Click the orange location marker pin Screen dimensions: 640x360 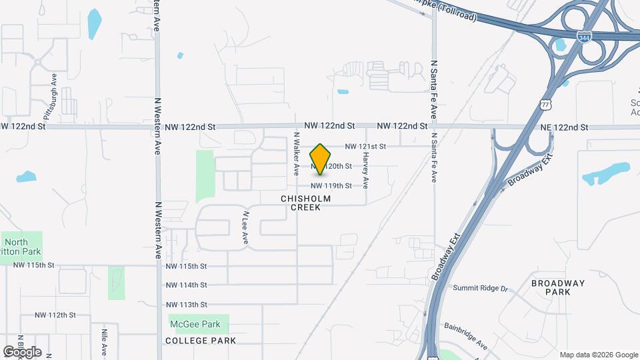click(321, 159)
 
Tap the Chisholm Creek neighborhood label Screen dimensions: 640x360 click(305, 203)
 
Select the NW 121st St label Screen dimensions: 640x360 click(365, 146)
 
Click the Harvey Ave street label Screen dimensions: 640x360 click(365, 168)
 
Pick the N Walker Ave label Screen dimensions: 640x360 click(297, 153)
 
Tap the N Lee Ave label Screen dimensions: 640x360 click(245, 227)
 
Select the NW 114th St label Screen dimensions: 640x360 click(186, 285)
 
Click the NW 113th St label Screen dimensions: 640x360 click(186, 305)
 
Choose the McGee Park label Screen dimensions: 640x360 click(198, 325)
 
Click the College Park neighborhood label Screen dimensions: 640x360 click(201, 341)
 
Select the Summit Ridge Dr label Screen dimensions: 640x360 click(480, 289)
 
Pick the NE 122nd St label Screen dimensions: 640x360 click(564, 127)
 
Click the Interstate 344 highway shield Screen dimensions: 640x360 click(585, 39)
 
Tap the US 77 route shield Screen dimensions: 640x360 click(545, 105)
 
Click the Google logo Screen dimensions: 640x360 click(21, 352)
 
